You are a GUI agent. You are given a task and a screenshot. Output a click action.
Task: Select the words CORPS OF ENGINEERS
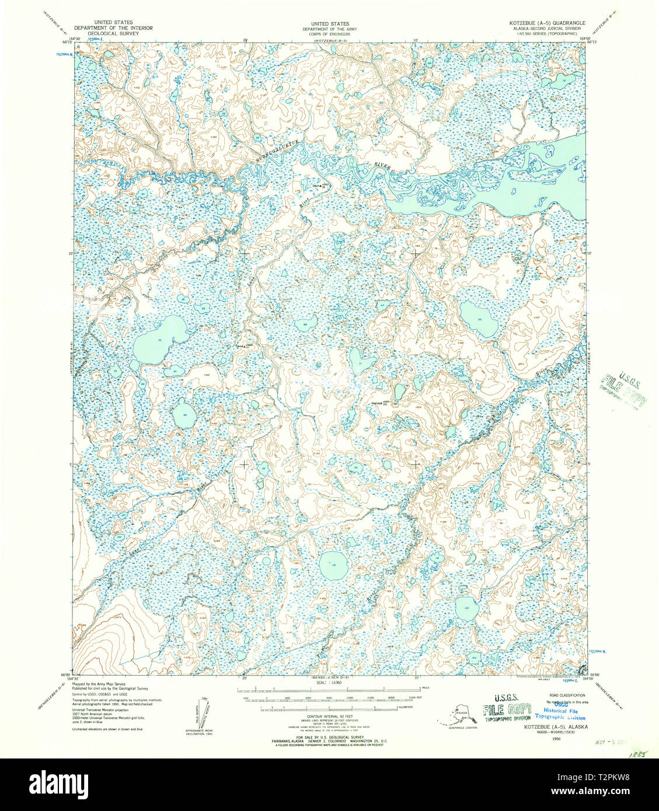[330, 34]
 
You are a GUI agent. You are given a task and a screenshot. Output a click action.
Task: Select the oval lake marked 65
[479, 319]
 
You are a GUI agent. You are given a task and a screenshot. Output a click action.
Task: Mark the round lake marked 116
[333, 565]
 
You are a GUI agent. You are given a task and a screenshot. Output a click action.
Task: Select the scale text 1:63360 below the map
[330, 682]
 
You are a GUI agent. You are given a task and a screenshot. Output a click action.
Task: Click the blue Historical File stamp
[564, 710]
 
